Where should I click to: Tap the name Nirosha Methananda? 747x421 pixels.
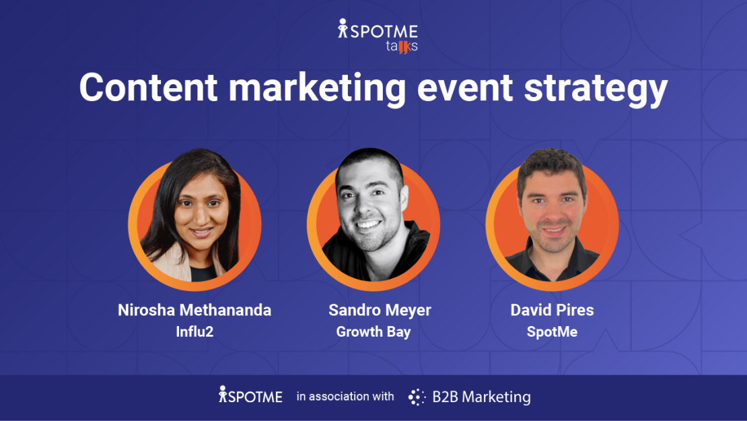coord(194,310)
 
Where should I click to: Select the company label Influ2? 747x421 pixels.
coord(194,331)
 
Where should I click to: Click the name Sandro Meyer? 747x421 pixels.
coord(380,310)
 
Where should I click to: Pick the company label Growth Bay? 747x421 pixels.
coord(373,331)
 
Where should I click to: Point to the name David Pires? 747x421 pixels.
coord(552,310)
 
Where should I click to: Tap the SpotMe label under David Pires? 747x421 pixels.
coord(552,331)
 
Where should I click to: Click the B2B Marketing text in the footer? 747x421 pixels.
coord(481,397)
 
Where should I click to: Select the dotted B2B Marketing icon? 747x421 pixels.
coord(417,397)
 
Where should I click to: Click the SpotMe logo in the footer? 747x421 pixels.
coord(250,396)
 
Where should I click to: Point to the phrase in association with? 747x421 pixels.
coord(345,397)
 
